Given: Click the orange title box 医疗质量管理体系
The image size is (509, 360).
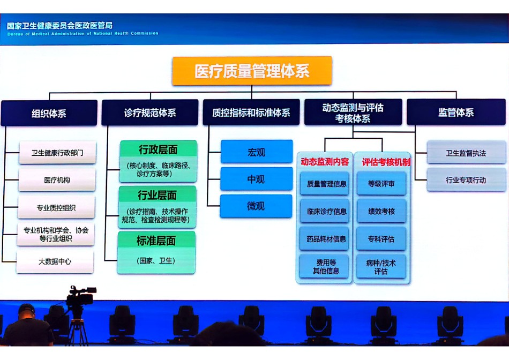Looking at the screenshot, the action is (x=252, y=71).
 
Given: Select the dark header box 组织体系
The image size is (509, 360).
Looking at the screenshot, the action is (x=49, y=113).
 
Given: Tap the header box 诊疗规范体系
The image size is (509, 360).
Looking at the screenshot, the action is (x=150, y=112).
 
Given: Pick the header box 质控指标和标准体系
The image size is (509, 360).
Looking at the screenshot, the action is (x=251, y=112).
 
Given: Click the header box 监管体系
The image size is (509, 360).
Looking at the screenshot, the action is (x=456, y=112).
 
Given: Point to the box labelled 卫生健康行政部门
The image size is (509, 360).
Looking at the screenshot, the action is (x=57, y=153).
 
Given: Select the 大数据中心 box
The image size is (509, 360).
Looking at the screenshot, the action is (x=55, y=261).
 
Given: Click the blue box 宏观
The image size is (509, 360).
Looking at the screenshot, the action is (x=257, y=152).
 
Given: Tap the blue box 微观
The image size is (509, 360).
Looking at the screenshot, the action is (x=256, y=206).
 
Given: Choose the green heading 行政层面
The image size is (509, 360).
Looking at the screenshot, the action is (x=159, y=149).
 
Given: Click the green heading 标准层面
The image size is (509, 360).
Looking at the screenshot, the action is (x=156, y=241).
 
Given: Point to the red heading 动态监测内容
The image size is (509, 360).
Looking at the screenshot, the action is (x=325, y=162).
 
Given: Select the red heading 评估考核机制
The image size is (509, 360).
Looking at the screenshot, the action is (x=386, y=162).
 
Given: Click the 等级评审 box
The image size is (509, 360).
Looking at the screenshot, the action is (x=381, y=184).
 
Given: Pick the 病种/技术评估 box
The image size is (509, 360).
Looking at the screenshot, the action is (x=381, y=267).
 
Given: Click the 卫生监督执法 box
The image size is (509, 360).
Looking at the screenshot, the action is (x=466, y=153).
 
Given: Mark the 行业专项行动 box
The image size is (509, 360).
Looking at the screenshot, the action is (x=466, y=180).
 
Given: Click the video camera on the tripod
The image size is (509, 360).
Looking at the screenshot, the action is (x=81, y=296).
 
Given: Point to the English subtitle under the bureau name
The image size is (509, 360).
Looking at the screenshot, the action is (x=83, y=33).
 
